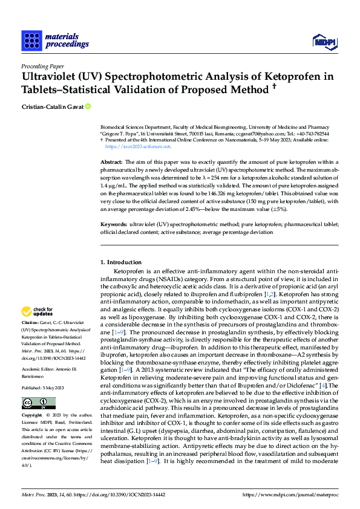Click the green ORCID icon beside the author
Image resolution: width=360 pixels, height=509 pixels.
click(88, 107)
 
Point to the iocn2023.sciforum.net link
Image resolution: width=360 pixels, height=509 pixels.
click(138, 146)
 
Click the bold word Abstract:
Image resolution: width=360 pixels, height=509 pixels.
click(111, 163)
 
